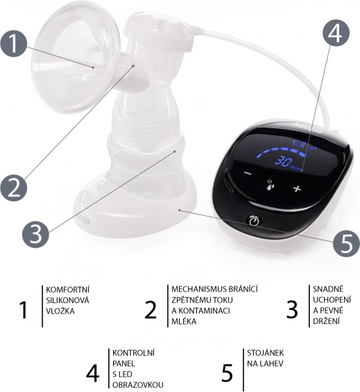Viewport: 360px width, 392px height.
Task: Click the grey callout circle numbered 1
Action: (x=13, y=44)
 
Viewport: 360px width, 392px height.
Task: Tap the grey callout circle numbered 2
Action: (x=13, y=188)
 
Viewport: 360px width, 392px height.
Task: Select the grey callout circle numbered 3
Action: (x=35, y=235)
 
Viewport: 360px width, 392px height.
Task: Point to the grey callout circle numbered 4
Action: (x=336, y=32)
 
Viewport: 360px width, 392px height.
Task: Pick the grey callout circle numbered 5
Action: (x=347, y=244)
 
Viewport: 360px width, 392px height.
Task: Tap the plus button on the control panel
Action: (x=297, y=189)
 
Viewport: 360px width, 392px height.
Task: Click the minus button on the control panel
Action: (x=248, y=173)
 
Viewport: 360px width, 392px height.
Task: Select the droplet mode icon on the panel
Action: (x=271, y=185)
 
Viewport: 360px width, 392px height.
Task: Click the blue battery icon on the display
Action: (x=299, y=144)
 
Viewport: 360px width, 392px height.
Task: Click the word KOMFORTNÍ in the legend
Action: (x=67, y=289)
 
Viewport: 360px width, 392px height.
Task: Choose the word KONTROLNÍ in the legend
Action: (x=133, y=352)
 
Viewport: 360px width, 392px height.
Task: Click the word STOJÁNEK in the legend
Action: (x=266, y=352)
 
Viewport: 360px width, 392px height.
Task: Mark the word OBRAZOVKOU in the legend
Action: (x=138, y=385)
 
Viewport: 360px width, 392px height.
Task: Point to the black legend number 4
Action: (x=92, y=373)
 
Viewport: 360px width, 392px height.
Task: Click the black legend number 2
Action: (x=151, y=309)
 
